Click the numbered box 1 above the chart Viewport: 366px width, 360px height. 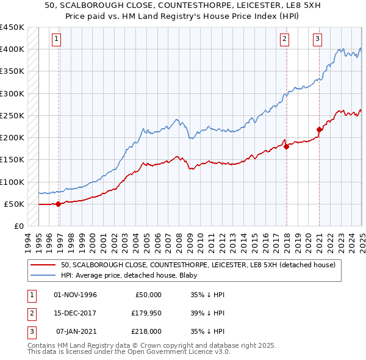(56, 40)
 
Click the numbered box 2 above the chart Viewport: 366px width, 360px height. (284, 40)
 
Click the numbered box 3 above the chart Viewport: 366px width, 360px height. (318, 40)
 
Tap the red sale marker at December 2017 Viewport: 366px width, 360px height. (286, 146)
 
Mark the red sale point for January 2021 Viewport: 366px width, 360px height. (319, 129)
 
